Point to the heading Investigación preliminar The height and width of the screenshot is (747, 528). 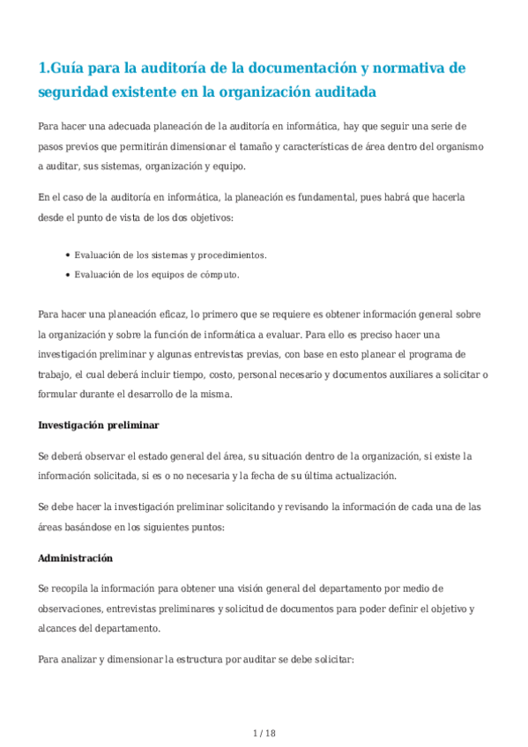tap(98, 425)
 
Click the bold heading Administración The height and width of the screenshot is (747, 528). tap(76, 558)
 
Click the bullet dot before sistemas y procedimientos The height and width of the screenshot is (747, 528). tap(68, 255)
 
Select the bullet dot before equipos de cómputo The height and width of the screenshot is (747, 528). tap(68, 275)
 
